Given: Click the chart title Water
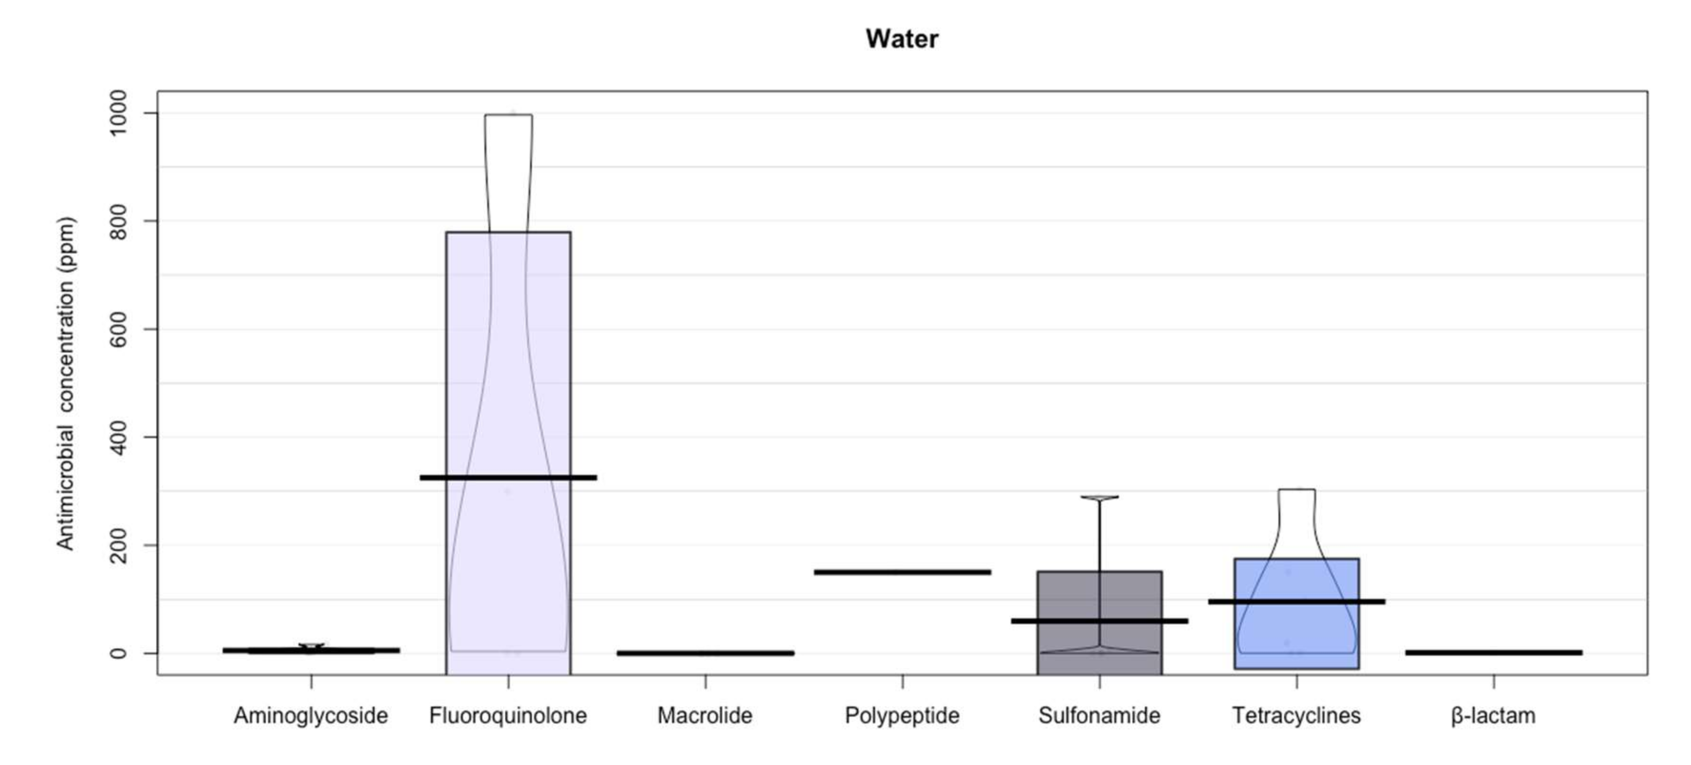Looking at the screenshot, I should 901,39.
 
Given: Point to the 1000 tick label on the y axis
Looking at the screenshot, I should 119,113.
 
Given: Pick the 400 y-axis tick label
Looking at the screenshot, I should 119,438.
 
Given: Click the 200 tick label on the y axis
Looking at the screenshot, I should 119,545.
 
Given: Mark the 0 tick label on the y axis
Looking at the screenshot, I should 119,653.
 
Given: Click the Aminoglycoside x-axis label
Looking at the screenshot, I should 310,715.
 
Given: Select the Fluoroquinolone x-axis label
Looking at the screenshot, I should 508,715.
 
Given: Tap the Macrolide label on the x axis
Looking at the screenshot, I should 705,715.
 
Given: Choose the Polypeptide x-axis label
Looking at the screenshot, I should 902,715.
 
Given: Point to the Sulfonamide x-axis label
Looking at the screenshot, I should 1100,715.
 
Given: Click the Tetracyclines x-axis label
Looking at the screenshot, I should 1296,715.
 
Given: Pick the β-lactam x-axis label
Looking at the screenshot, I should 1493,715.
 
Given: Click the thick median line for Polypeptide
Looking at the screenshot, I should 902,572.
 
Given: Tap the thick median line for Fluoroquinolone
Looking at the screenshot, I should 508,478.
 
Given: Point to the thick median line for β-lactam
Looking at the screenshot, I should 1493,652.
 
